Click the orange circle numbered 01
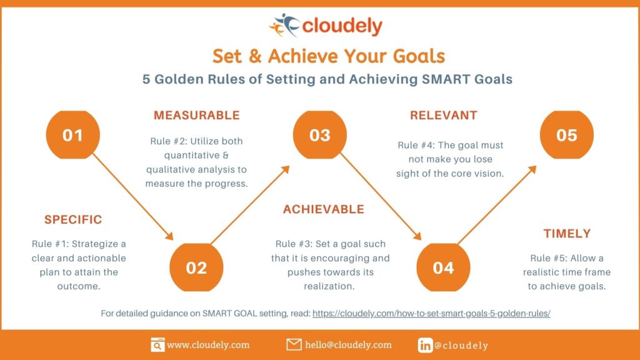(x=73, y=135)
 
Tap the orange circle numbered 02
(x=196, y=267)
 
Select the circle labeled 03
(x=319, y=135)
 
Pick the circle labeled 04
(x=443, y=267)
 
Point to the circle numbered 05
(x=566, y=135)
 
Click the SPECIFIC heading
(x=73, y=220)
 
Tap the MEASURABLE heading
(x=196, y=115)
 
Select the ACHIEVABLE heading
(x=323, y=209)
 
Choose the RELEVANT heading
(x=443, y=115)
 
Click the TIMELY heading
(x=567, y=234)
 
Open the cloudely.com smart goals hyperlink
(x=431, y=314)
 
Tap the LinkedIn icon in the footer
(x=425, y=345)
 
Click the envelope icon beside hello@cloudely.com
(x=294, y=345)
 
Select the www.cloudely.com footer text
(x=208, y=345)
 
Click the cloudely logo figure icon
(x=284, y=25)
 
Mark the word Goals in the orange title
(x=419, y=56)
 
